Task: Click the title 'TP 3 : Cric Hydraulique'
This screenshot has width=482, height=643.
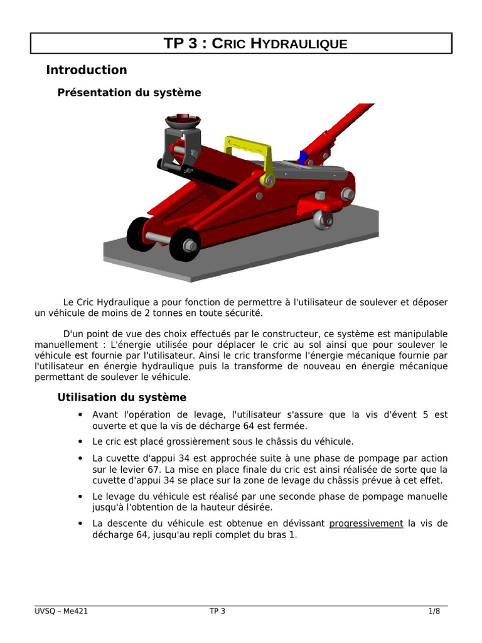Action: (255, 43)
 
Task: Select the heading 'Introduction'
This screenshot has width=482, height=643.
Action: (87, 70)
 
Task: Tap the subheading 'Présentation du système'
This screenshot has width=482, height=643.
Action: (129, 93)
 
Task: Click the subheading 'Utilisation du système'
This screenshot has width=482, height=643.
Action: (122, 397)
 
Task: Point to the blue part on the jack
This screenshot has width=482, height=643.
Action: (304, 158)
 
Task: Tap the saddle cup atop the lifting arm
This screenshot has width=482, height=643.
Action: (183, 120)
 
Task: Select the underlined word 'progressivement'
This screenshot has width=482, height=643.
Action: (366, 524)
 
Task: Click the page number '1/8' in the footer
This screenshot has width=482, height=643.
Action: (434, 612)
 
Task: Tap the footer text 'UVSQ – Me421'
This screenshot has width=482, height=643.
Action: (61, 612)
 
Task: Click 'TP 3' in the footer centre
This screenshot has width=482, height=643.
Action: (217, 612)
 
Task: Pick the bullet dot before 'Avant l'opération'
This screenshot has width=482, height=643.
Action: (80, 415)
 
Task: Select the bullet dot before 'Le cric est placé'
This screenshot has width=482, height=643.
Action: (80, 441)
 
